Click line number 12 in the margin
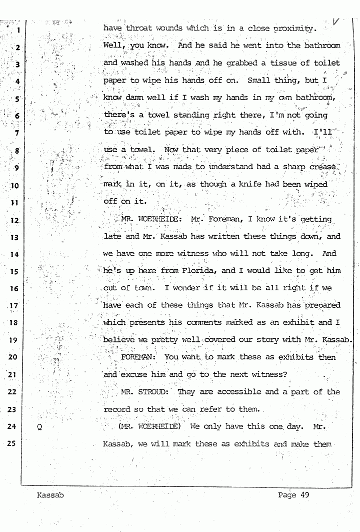point(15,220)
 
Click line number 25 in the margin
point(15,443)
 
